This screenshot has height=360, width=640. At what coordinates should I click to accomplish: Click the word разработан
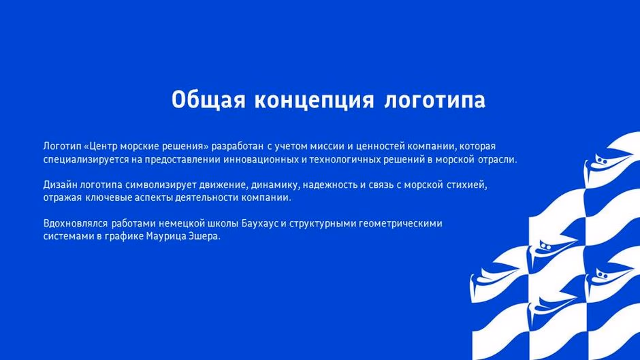(237, 146)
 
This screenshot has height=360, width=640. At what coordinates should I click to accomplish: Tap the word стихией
(470, 184)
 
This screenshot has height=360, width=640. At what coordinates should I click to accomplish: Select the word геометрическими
(404, 223)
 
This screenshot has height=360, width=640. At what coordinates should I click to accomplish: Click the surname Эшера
(205, 235)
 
